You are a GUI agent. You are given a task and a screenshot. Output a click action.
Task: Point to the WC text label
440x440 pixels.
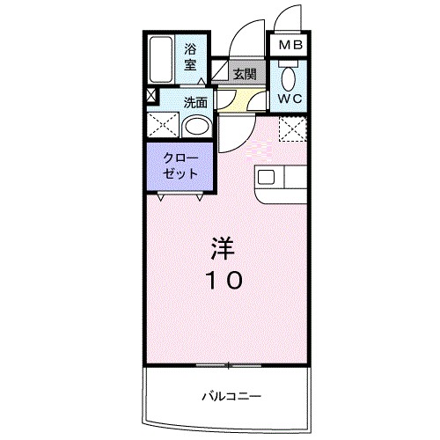click(290, 99)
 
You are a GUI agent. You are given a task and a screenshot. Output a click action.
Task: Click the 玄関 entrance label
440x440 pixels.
click(245, 74)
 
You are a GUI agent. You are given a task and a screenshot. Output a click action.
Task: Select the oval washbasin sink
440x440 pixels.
click(198, 127)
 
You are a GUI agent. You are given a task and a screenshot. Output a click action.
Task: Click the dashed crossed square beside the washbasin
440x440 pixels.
click(162, 125)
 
